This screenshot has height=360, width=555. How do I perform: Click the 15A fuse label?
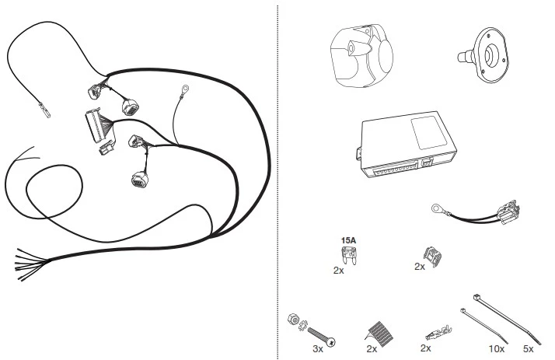point(348,240)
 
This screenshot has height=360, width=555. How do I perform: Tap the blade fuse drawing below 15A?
point(348,255)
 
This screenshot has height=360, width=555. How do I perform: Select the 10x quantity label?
point(496,349)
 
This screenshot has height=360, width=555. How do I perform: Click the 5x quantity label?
point(528,349)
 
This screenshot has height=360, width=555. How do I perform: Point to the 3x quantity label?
point(318,349)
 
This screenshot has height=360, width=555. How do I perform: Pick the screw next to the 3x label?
point(321,337)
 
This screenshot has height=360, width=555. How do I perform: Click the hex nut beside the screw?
point(293,319)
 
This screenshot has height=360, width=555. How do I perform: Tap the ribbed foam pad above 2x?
point(379,334)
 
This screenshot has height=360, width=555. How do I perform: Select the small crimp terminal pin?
point(438,333)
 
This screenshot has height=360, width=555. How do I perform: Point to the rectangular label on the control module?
point(428,132)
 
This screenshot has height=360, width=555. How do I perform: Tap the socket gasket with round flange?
point(484,55)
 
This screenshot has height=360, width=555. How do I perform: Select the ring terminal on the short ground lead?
point(437,208)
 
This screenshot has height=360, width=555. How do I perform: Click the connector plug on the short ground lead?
point(508,213)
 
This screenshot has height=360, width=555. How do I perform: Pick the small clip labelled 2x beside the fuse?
point(432,257)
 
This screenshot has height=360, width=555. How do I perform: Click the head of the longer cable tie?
point(476,297)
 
